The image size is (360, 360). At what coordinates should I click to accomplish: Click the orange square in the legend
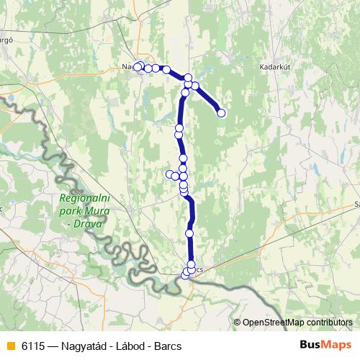pyautogui.click(x=9, y=346)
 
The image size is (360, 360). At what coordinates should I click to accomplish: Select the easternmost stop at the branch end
pyautogui.click(x=221, y=112)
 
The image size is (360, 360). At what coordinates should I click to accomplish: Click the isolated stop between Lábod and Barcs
pyautogui.click(x=189, y=233)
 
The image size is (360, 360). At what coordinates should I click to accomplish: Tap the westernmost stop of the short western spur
pyautogui.click(x=170, y=174)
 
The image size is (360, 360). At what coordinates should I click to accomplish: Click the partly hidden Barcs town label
pyautogui.click(x=199, y=269)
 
